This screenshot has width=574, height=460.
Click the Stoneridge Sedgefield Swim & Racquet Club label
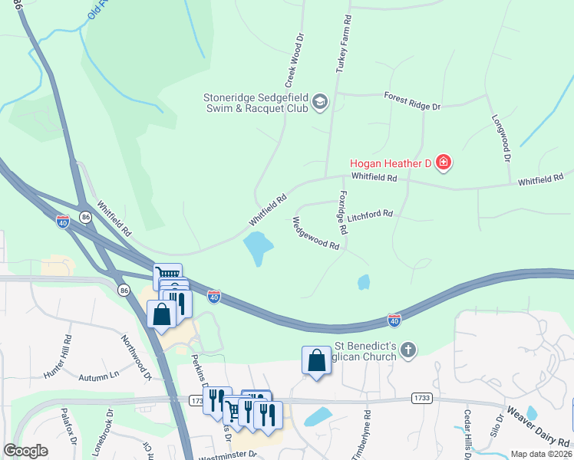tap(256, 103)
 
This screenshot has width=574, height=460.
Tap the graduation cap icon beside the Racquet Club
tap(320, 103)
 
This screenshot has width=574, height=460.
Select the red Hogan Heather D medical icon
tap(443, 162)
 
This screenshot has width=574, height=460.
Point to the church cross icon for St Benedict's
tap(408, 350)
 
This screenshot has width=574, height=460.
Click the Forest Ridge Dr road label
tap(413, 101)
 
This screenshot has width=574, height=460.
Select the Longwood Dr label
tap(501, 138)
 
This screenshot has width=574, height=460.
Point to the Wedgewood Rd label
tap(315, 234)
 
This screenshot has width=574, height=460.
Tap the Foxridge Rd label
tap(342, 212)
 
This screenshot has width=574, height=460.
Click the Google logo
tap(25, 451)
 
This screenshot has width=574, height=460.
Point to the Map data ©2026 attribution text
tap(541, 454)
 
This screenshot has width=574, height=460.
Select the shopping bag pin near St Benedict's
tap(316, 361)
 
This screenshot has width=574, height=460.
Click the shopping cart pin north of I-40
tap(167, 274)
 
